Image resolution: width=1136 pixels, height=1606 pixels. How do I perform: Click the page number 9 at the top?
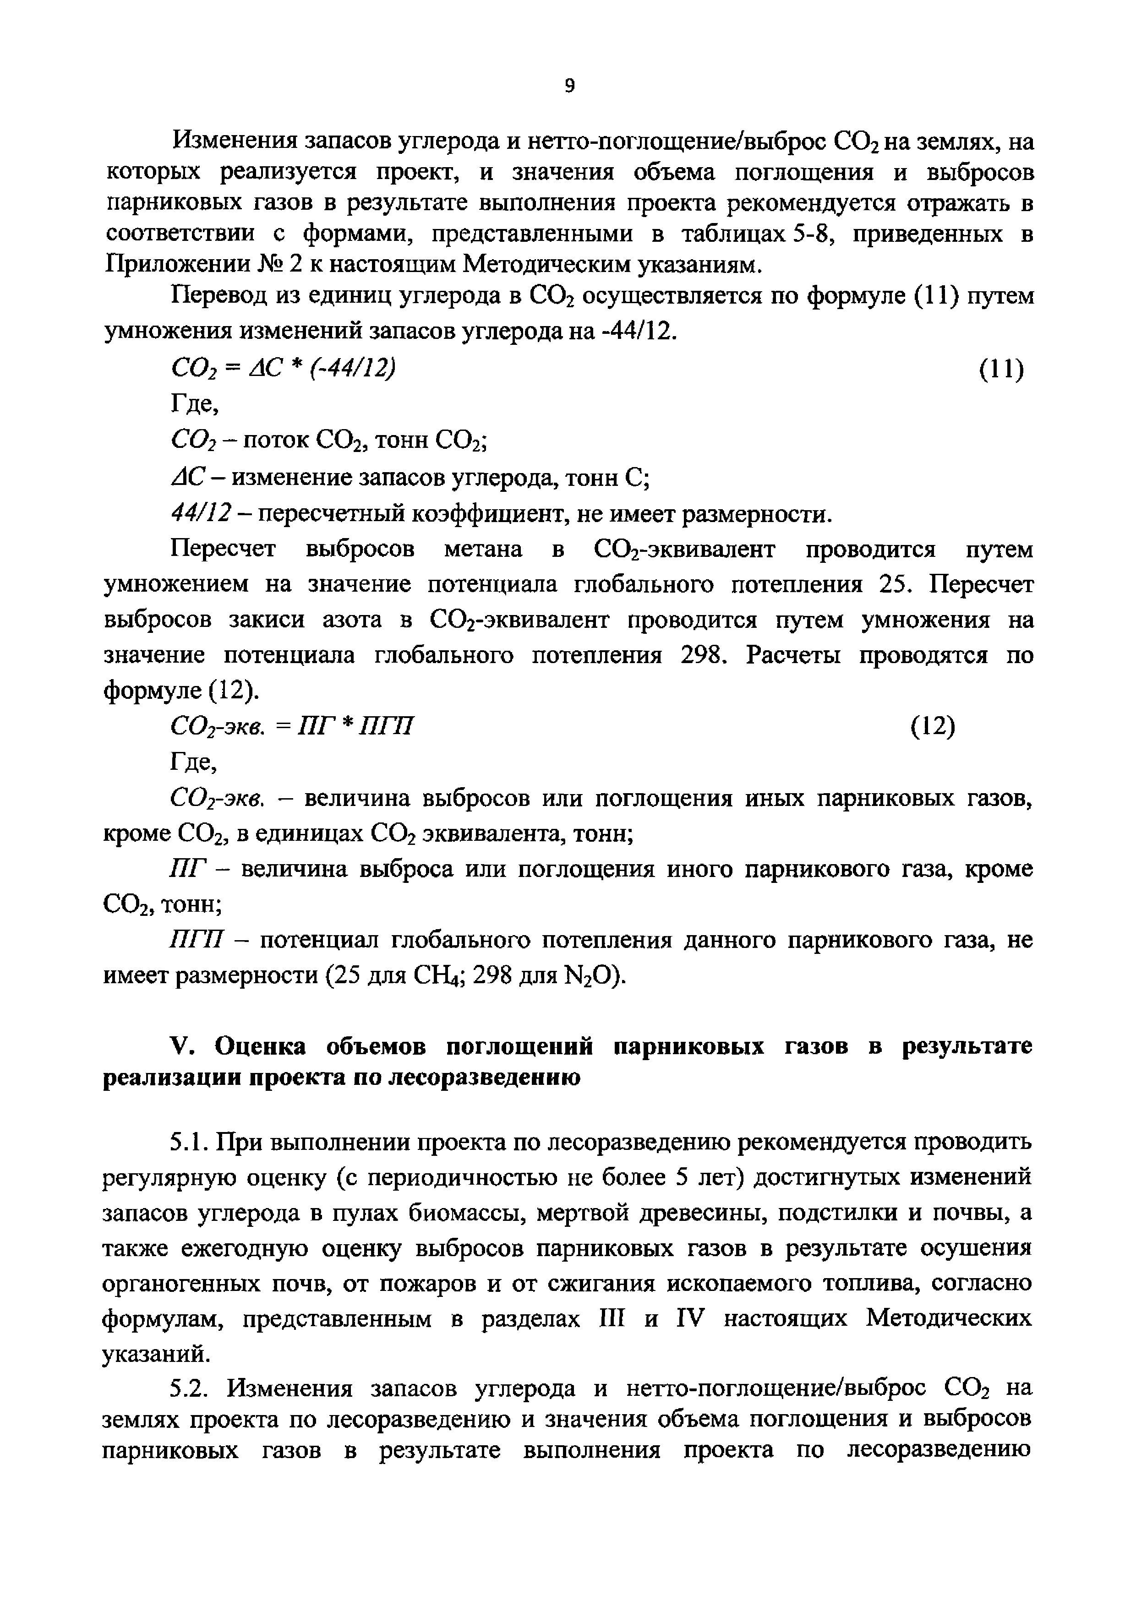click(569, 86)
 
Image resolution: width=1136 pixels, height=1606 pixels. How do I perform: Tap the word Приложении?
click(176, 264)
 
